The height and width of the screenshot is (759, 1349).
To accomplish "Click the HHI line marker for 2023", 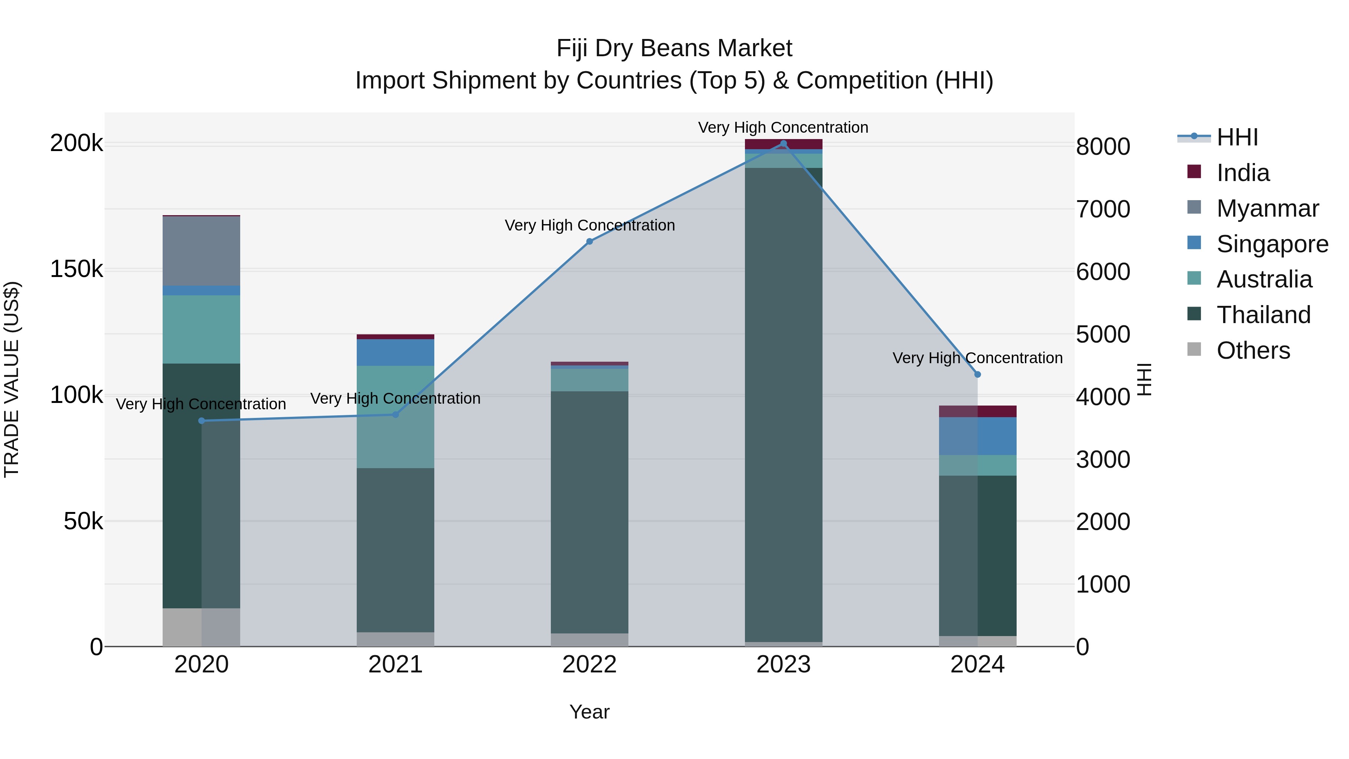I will [784, 144].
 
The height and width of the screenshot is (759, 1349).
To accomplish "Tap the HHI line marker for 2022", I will [590, 241].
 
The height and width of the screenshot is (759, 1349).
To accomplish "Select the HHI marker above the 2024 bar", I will [977, 374].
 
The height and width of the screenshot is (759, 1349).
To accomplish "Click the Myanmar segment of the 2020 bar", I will [201, 251].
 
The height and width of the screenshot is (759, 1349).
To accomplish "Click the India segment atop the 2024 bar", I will [977, 411].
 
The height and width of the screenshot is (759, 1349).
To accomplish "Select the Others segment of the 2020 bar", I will [201, 627].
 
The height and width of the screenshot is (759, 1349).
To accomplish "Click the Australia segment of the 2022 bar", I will [590, 380].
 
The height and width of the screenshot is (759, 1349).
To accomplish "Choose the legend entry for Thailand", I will [1263, 315].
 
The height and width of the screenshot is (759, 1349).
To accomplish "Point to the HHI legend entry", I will [1237, 137].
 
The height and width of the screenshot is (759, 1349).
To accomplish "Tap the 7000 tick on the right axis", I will [1103, 209].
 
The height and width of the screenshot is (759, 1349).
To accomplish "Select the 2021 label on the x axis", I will [395, 665].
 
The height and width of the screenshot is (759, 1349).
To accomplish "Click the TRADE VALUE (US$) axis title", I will [12, 379].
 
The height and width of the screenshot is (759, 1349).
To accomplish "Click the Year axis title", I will [590, 712].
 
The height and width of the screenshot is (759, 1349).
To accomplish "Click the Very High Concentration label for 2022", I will [590, 225].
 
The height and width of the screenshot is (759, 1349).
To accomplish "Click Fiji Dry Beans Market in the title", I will [674, 48].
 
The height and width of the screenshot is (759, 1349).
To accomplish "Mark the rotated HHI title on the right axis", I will [1145, 379].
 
